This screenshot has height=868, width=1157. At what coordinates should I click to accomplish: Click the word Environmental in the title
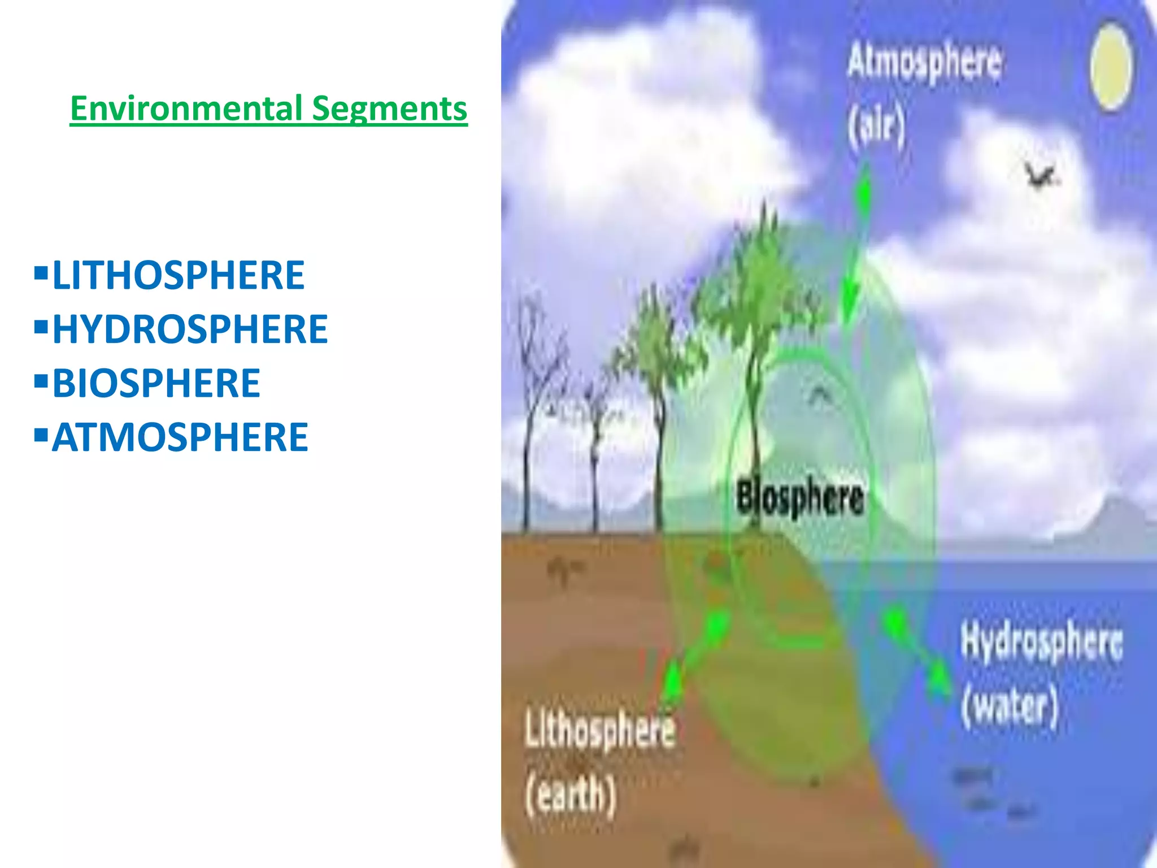coord(186,108)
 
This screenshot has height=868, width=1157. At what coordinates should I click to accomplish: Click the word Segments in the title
coord(389,108)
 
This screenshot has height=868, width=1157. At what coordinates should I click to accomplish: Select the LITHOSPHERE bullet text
coord(179,275)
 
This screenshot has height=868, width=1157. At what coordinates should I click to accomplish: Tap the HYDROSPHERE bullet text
coord(190,329)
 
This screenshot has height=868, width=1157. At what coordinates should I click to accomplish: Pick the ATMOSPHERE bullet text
coord(180,437)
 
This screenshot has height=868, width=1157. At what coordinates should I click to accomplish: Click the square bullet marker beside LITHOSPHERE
coord(41,274)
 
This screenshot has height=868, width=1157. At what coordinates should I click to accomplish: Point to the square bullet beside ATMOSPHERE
coord(41,436)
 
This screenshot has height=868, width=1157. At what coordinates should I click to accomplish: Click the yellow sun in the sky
coord(1111,67)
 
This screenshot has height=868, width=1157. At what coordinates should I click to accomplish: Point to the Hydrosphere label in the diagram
coord(1041,643)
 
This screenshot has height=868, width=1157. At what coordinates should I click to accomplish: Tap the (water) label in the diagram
coord(1009,706)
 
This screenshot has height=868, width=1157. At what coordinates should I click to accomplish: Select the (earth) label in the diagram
coord(571,795)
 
